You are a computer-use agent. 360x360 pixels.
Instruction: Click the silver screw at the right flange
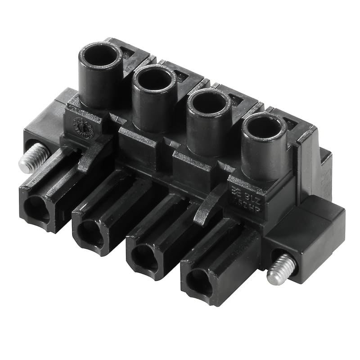(x=279, y=269)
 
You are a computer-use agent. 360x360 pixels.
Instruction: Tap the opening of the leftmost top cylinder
(x=100, y=56)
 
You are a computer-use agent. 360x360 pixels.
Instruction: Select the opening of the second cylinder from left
(x=154, y=80)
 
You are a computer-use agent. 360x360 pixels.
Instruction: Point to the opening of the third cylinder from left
(x=208, y=103)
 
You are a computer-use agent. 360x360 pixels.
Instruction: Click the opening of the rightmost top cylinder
(x=264, y=127)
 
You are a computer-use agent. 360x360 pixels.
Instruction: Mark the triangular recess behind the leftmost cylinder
(x=129, y=53)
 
